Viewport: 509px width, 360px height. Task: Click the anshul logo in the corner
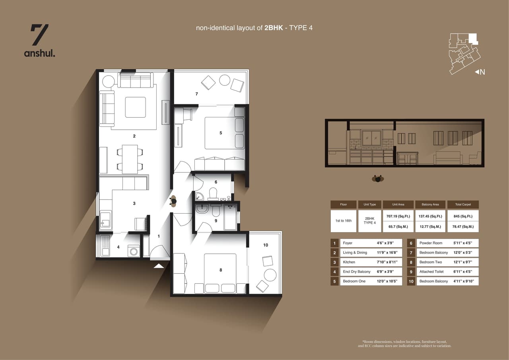point(39,40)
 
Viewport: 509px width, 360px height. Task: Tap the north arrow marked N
point(480,72)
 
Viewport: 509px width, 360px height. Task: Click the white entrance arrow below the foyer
point(159,265)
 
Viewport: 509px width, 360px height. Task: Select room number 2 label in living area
point(134,136)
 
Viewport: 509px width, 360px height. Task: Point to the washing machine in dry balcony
point(133,251)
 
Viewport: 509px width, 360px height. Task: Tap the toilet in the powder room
point(213,194)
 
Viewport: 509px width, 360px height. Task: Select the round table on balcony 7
point(225,80)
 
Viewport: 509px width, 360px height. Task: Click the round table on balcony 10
point(270,275)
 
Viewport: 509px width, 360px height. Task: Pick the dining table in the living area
point(130,159)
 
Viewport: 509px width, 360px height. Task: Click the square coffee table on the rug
point(135,107)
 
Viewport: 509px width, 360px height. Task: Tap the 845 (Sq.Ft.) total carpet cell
point(463,216)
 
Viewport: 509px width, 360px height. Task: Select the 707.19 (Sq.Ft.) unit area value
point(398,216)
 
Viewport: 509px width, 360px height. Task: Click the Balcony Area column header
point(430,204)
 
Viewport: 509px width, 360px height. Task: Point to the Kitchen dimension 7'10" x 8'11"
point(385,262)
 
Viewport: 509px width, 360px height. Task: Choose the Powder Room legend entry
point(431,243)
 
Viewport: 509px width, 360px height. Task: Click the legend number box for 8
point(411,262)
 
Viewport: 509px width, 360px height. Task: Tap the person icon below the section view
point(378,179)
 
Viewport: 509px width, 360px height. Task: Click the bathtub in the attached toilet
point(230,217)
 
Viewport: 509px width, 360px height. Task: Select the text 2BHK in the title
point(274,28)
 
